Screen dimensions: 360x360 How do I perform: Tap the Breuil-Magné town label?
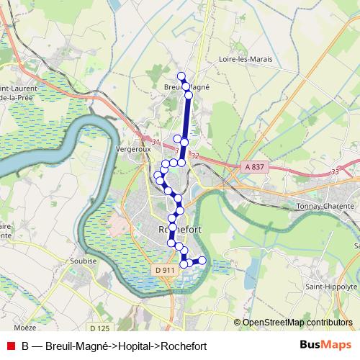[x=186, y=86]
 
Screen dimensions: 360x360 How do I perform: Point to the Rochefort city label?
[x=177, y=229]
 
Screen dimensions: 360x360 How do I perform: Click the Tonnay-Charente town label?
[x=322, y=205]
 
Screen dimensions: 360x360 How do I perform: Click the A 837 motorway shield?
[x=255, y=166]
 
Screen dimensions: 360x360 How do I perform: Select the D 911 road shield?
[x=165, y=270]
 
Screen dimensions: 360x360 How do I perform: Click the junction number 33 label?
[x=334, y=171]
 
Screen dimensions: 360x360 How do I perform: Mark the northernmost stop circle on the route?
[x=181, y=76]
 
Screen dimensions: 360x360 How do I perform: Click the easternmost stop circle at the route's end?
[x=202, y=260]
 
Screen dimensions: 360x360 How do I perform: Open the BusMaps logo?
[x=325, y=345]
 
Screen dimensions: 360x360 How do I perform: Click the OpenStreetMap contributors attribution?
[x=297, y=323]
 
